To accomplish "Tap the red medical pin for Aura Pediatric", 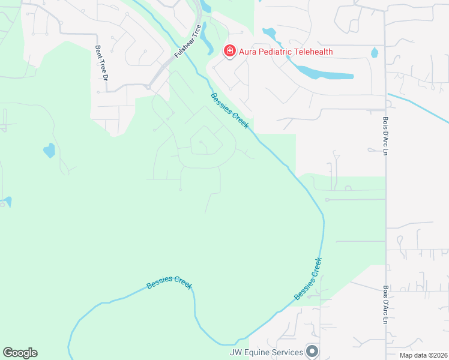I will click(x=229, y=51).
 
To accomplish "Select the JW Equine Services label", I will click(x=266, y=352).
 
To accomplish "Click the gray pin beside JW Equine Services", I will click(x=312, y=350).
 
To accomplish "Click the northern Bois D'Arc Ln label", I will click(x=385, y=136).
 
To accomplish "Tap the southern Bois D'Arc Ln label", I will click(x=385, y=304).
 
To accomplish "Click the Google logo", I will click(x=20, y=353).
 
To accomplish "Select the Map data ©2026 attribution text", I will click(x=423, y=355).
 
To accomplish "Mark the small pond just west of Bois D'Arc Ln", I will click(x=375, y=52).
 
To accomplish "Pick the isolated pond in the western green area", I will click(x=49, y=149).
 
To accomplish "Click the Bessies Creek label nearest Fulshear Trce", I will click(x=229, y=111).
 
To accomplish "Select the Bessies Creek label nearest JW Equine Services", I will click(x=308, y=279).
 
